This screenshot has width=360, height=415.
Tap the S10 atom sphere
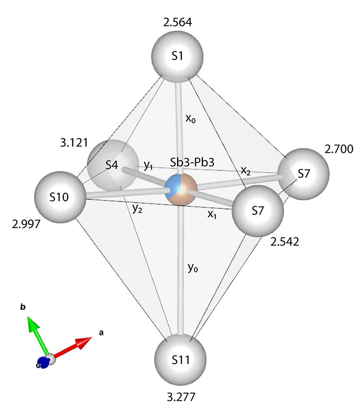(x=60, y=197)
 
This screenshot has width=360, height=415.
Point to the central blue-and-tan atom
(x=181, y=189)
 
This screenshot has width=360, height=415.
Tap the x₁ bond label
(x=212, y=215)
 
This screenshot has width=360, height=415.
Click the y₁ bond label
(x=149, y=165)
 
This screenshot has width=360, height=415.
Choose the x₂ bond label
(x=246, y=171)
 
